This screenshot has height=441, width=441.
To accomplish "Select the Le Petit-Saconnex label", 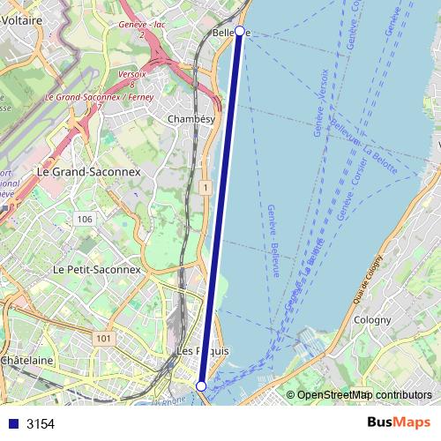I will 96,269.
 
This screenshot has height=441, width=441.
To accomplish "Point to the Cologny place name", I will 366,320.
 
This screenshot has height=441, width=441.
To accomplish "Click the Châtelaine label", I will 26,361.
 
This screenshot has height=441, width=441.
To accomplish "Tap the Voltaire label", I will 23,18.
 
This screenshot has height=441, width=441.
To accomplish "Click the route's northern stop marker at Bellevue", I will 240,31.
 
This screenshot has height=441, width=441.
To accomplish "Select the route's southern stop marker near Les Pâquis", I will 201,386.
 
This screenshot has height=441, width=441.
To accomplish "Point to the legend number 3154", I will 41,423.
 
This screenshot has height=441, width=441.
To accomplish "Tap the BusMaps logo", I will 398,423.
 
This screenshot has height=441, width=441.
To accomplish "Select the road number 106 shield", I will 85,219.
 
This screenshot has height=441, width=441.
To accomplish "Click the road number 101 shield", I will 105,338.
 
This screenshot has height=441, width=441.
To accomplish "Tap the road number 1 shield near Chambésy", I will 204,188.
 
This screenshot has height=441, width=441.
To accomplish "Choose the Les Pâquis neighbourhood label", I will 203,351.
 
